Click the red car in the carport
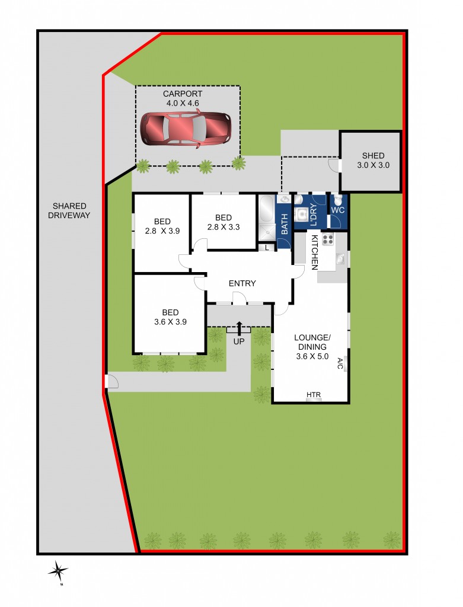[x=186, y=129]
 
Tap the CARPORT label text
[x=183, y=94]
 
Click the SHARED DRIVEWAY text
[x=69, y=210]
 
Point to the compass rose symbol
[x=58, y=571]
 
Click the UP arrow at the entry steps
[x=240, y=328]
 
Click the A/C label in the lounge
[x=340, y=364]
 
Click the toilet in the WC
[x=337, y=200]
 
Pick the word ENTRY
[x=242, y=283]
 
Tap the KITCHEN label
[x=315, y=251]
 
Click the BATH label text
[x=284, y=223]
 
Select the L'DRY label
[x=314, y=213]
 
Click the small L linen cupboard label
[x=267, y=248]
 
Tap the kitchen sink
[x=340, y=258]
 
